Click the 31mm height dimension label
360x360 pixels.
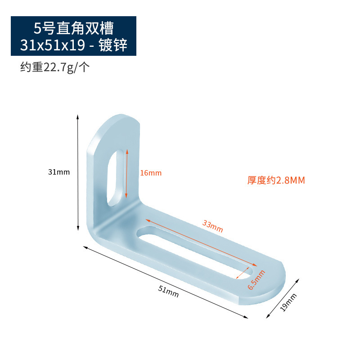59,171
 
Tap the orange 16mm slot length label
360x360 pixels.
150,173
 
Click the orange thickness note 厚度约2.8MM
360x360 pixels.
276,180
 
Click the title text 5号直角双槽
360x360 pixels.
73,28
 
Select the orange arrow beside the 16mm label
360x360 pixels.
127,173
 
